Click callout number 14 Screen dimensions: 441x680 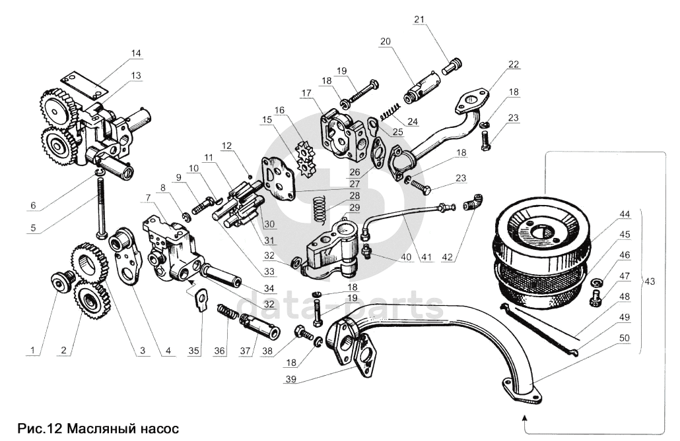click(x=135, y=53)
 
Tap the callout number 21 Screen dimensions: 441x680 click(x=418, y=18)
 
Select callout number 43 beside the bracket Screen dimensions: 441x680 click(x=650, y=281)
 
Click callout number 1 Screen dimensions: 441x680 click(x=30, y=351)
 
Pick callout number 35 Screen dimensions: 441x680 click(x=193, y=351)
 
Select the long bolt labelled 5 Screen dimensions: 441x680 click(x=101, y=204)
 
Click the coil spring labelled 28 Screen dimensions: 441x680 click(x=319, y=210)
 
